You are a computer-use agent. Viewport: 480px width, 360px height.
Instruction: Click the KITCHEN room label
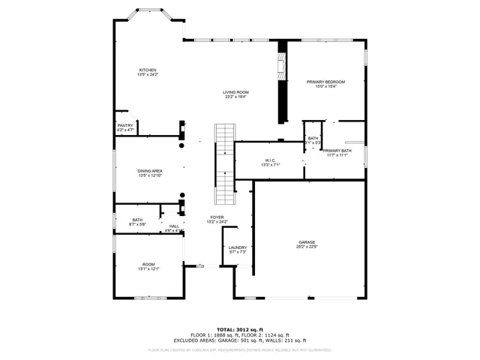147,70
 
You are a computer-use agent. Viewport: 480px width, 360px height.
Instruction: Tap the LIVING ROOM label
235,92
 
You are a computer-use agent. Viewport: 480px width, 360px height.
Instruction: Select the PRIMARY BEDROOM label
325,81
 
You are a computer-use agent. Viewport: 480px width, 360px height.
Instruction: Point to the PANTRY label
124,125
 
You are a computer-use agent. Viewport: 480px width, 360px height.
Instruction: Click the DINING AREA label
150,171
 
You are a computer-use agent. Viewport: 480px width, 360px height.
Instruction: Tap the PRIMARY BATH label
336,151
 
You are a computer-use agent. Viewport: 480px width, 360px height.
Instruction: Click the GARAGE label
307,242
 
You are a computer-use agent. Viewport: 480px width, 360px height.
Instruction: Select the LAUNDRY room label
238,247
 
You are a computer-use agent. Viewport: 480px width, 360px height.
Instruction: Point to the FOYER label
217,217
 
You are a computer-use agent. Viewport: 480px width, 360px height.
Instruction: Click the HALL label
174,226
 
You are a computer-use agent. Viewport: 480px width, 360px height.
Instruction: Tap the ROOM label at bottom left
149,265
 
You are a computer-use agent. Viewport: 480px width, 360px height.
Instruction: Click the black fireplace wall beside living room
282,82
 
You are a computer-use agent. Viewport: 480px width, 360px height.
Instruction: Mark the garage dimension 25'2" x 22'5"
307,247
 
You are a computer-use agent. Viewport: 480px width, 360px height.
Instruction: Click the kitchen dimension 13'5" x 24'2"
147,75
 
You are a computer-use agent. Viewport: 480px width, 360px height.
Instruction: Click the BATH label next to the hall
127,219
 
